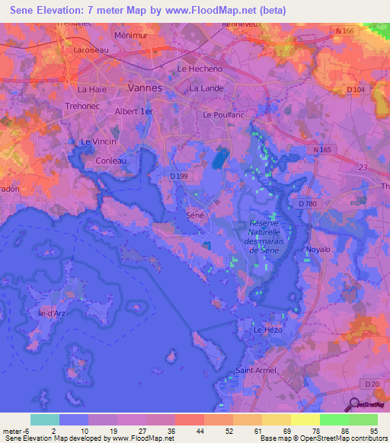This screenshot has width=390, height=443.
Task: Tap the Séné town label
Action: coord(195,215)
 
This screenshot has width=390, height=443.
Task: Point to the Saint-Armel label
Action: coord(255,371)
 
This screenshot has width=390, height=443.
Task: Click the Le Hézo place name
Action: coord(267,330)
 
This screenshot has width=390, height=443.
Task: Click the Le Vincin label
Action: coord(97,142)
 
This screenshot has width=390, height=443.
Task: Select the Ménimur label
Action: coord(129,35)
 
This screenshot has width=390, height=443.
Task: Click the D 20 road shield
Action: coord(371,383)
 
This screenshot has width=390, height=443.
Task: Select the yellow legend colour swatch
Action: coord(305,419)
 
